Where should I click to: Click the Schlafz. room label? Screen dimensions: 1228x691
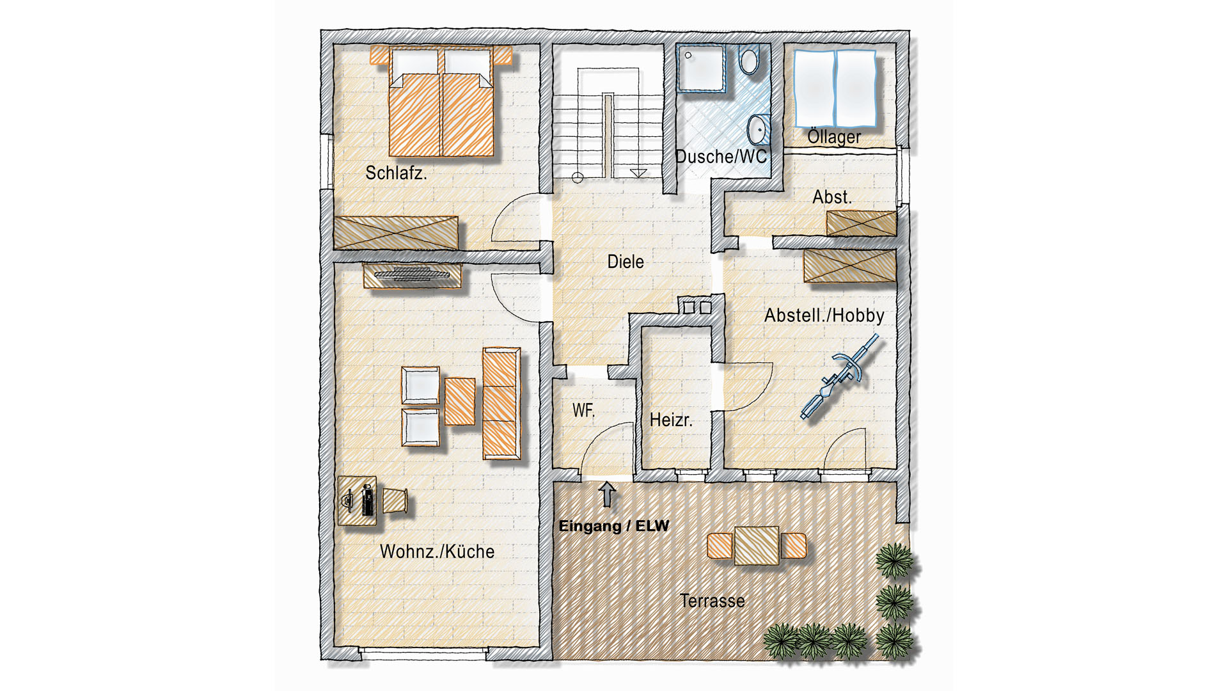396,173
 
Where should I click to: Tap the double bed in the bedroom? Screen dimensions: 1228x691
441,101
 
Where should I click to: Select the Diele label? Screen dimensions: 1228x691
626,261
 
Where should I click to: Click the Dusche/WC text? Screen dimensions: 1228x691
721,157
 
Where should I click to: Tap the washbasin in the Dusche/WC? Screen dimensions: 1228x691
759,131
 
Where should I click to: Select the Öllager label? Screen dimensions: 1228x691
834,136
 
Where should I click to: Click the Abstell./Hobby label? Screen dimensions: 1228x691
824,315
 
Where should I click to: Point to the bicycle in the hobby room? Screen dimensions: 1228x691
838,377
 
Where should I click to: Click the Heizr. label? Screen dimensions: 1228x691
671,420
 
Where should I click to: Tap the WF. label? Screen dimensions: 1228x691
583,410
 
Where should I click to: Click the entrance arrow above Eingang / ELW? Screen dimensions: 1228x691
607,495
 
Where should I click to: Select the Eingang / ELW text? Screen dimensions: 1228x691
614,526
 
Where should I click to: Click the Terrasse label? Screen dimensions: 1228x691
712,601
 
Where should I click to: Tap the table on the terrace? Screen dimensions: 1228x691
757,545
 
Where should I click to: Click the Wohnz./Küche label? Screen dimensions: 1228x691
437,552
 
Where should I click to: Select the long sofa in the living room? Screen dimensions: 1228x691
501,403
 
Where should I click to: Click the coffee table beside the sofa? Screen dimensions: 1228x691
460,402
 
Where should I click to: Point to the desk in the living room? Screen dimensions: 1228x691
357,500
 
